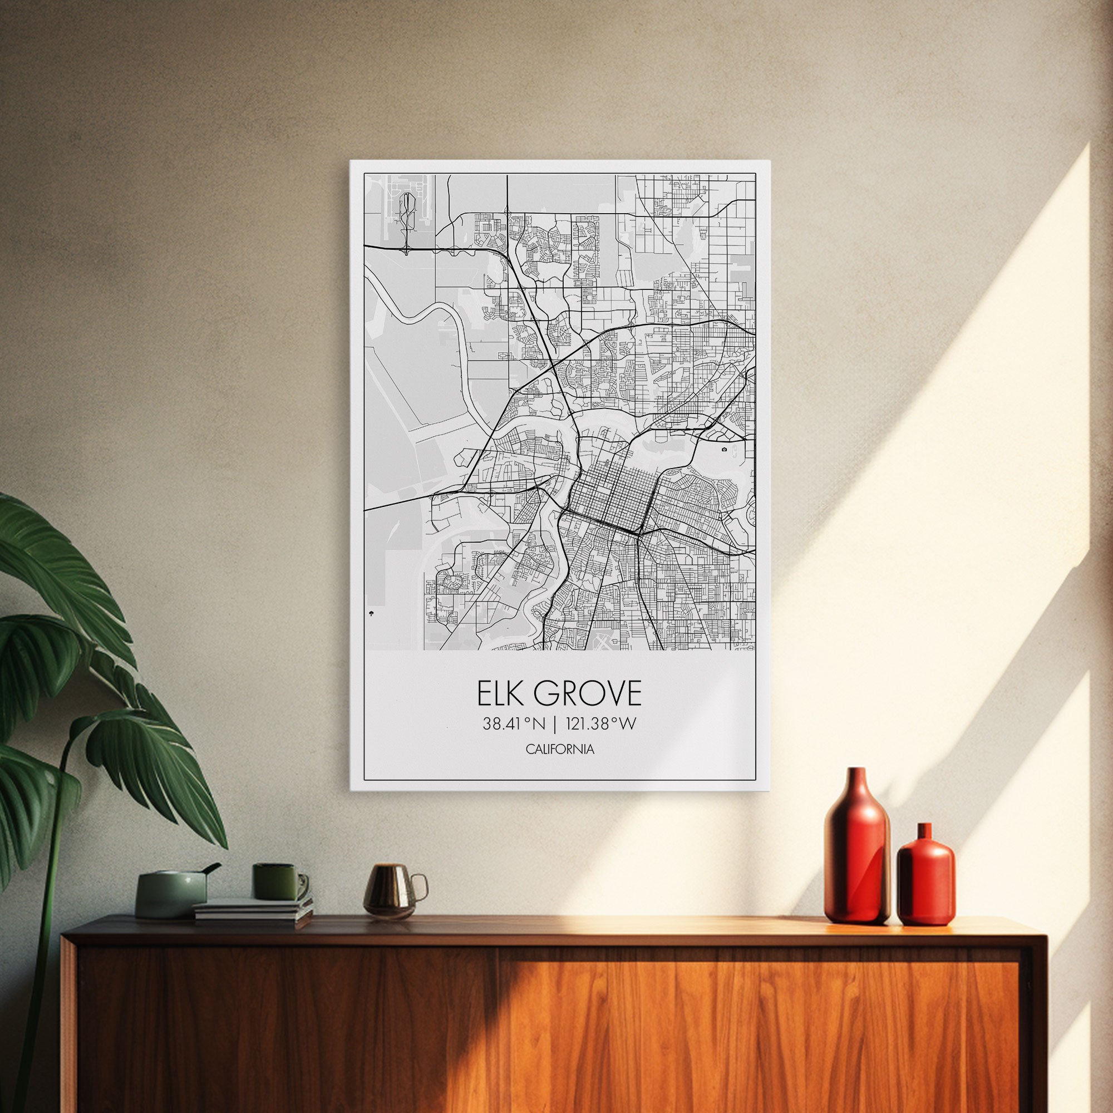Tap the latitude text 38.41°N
click(x=514, y=724)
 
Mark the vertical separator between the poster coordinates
click(x=555, y=724)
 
